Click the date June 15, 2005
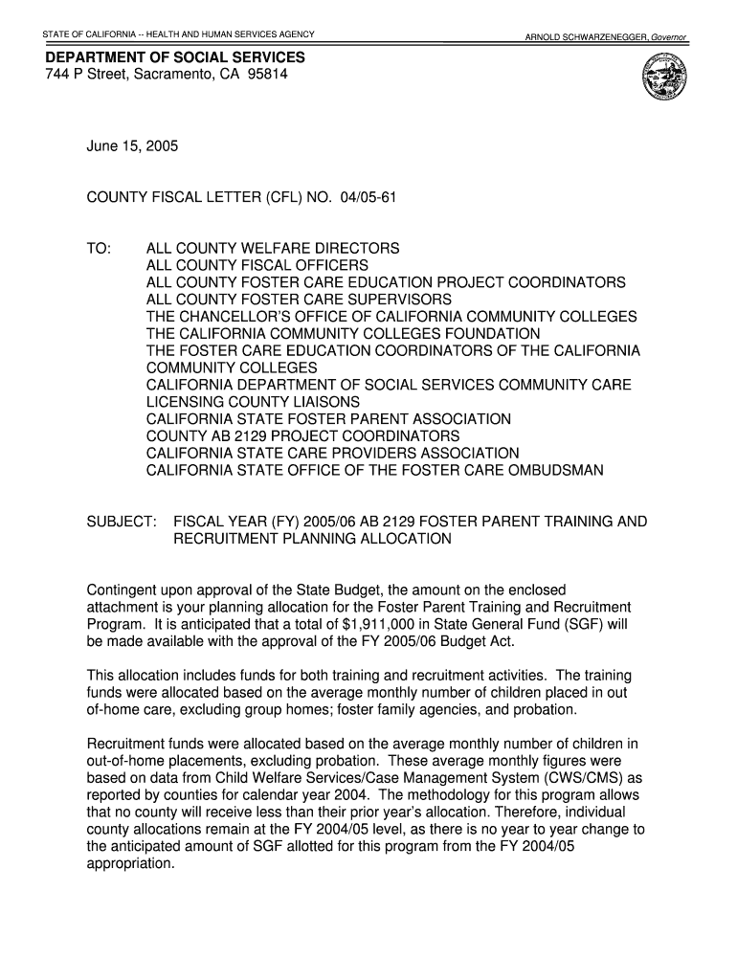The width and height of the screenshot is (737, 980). point(132,147)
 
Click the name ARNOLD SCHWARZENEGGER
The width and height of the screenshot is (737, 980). point(585,37)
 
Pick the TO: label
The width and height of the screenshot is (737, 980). point(99,248)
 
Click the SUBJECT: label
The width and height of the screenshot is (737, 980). point(122,522)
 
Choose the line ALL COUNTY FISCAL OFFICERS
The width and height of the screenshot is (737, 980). point(257,265)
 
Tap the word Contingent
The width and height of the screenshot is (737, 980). point(122,590)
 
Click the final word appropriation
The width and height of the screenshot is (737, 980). point(131,863)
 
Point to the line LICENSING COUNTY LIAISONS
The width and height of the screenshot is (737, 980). point(253,402)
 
